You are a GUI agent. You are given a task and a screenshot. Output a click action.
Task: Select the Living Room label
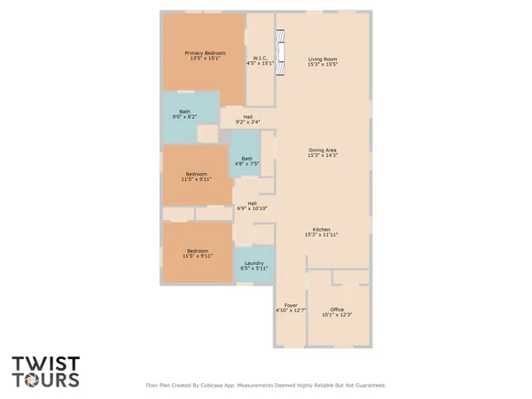point(323,59)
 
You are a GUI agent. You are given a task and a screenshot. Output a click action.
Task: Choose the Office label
point(336,309)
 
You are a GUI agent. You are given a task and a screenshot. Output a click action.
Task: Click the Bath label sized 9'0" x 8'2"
point(184,112)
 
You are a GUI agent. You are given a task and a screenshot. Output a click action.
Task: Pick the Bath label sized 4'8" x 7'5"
point(246,159)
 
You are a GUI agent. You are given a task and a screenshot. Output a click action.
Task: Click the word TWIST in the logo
point(45,364)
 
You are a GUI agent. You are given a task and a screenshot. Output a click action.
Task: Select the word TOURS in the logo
point(45,380)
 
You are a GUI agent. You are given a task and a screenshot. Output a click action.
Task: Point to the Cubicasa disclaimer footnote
point(266,386)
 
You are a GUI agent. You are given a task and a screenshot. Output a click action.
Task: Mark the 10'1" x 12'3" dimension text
point(336,315)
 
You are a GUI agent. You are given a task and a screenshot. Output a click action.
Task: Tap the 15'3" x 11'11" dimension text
point(323,235)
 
